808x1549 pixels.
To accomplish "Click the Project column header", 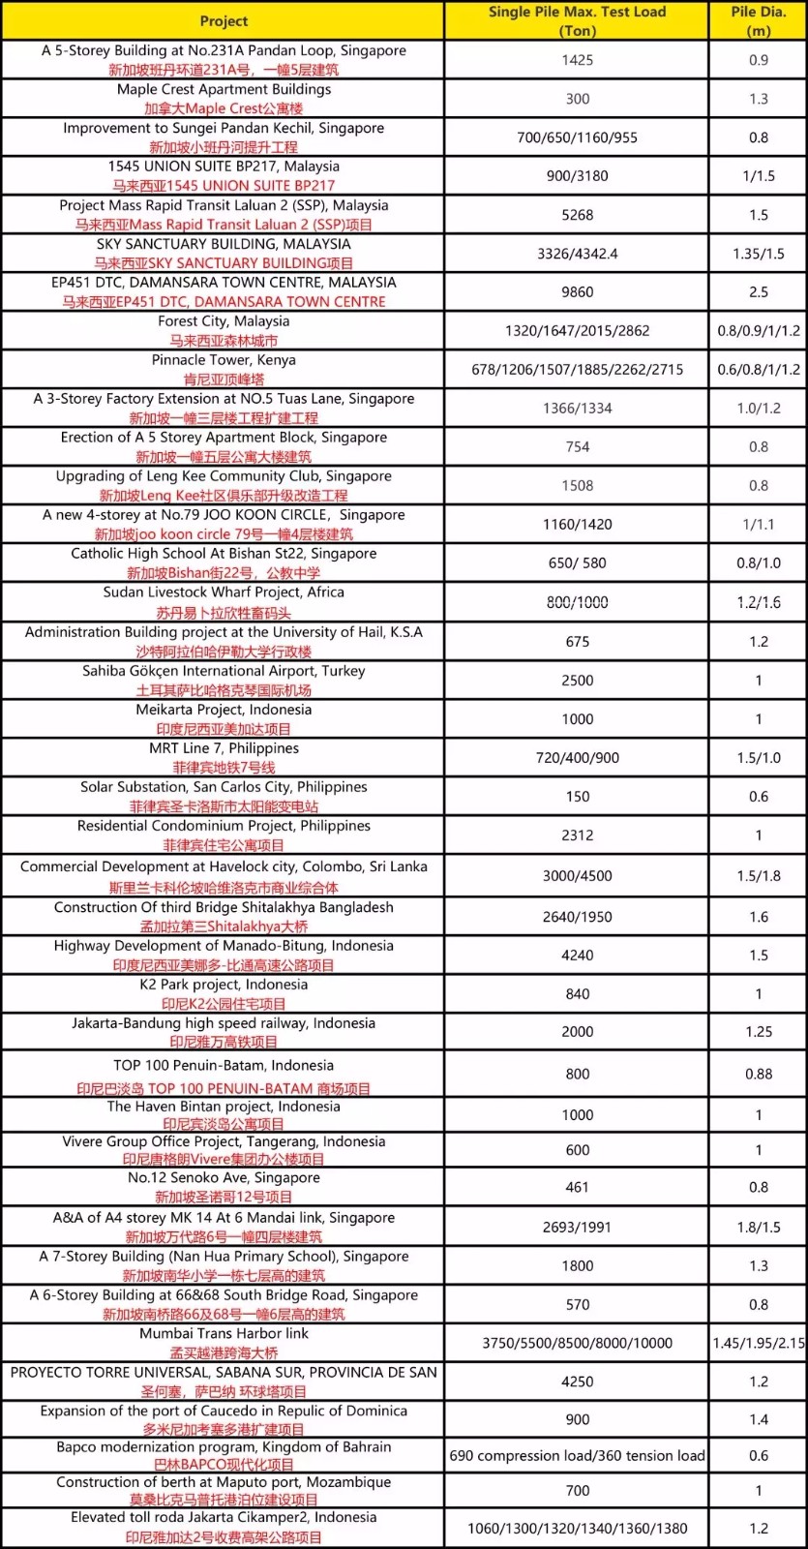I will click(x=224, y=20).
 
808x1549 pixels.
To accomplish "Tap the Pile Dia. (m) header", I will click(x=759, y=20).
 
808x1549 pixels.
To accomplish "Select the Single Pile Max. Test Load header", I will click(x=577, y=20).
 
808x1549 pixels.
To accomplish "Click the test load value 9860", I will click(x=577, y=292).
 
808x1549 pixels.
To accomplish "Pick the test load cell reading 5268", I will click(x=577, y=215).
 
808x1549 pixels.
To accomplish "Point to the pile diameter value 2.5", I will click(x=759, y=292).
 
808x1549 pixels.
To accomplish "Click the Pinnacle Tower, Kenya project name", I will click(x=224, y=360).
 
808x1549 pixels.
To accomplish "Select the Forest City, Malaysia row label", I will click(x=224, y=321).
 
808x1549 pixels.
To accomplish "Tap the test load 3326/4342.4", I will click(x=577, y=254).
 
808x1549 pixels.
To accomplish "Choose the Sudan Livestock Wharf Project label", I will click(x=224, y=592).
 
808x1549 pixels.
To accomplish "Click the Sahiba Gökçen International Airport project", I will click(x=224, y=671).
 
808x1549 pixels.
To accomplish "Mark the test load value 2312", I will click(x=577, y=835).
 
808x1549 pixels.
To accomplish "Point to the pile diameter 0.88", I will click(x=759, y=1074).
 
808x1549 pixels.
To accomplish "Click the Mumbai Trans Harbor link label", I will click(x=224, y=1333).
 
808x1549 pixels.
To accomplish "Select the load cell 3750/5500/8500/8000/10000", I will click(x=577, y=1343).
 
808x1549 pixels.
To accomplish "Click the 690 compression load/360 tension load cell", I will click(x=577, y=1456).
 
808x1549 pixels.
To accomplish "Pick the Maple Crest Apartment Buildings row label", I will click(x=224, y=89).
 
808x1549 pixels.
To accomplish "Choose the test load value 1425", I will click(x=577, y=60).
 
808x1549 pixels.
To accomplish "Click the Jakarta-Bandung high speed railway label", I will click(x=224, y=1023).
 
